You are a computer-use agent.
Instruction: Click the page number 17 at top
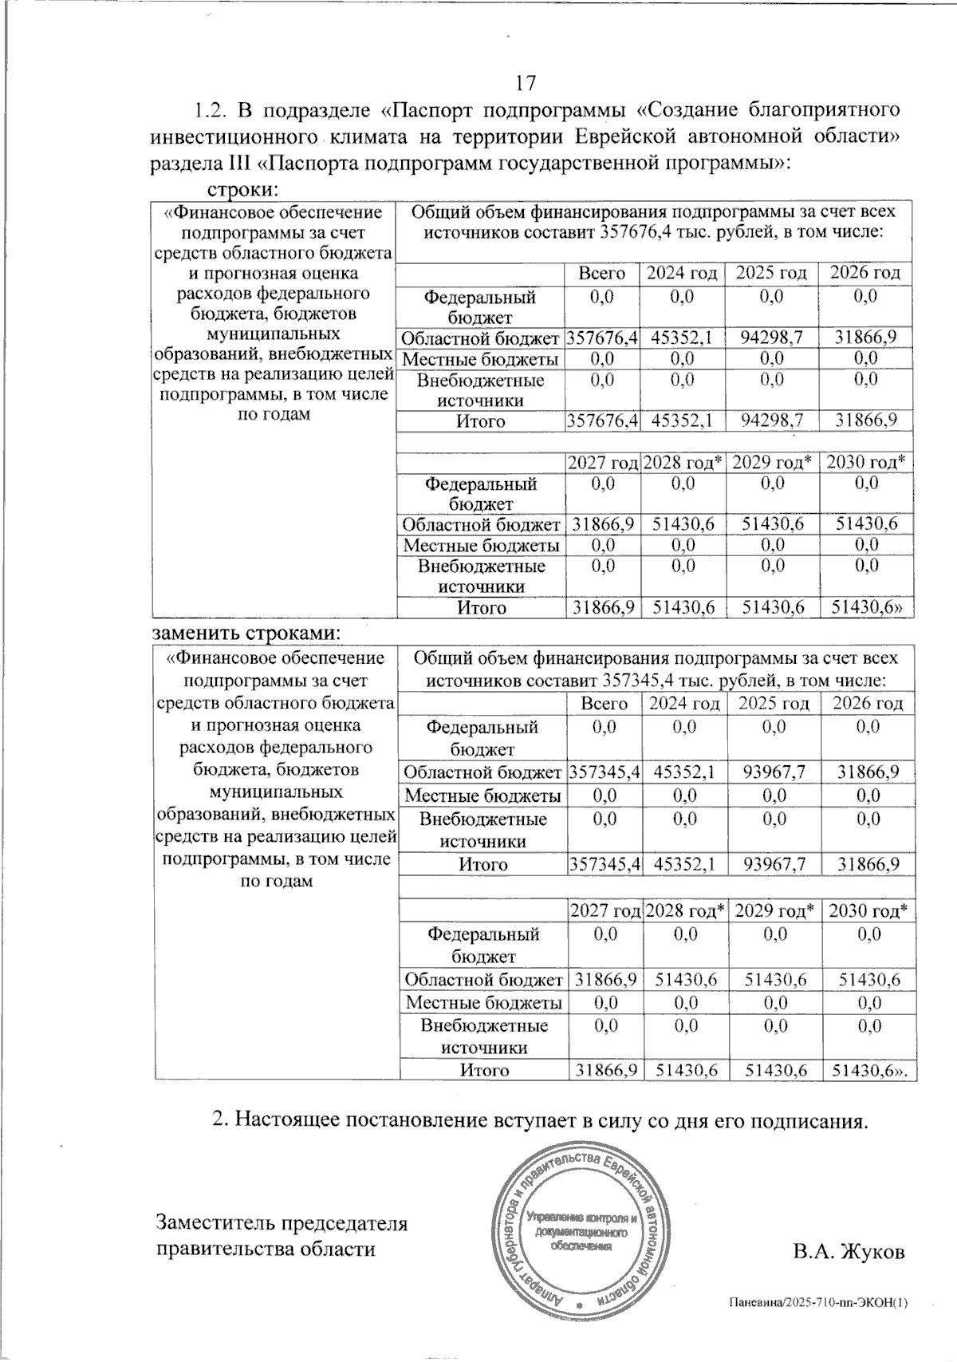tap(526, 83)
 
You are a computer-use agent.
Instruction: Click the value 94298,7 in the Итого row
tap(770, 420)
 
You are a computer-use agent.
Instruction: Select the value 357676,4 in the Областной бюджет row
tap(602, 338)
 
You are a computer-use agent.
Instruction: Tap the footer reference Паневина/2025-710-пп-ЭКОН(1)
tap(818, 1303)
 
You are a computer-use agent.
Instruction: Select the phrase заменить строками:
tap(246, 633)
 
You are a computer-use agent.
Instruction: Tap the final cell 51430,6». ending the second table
tap(870, 1070)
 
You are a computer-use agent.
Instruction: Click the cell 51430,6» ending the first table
tap(868, 608)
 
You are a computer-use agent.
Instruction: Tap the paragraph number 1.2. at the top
tap(211, 109)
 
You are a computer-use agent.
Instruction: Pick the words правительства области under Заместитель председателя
tap(265, 1249)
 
